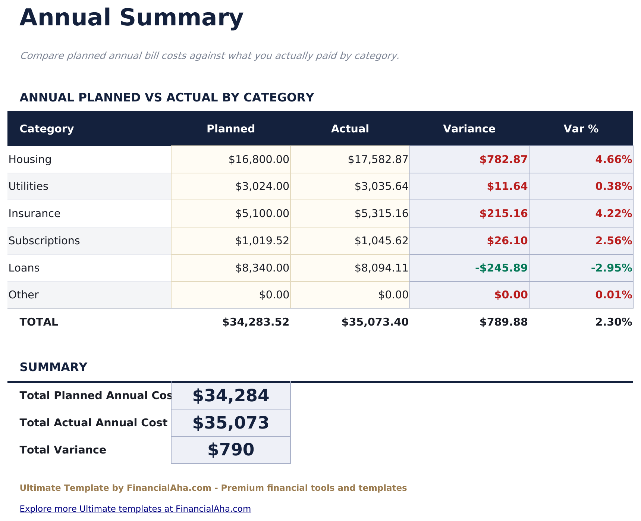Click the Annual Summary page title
point(131,18)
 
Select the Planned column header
point(230,129)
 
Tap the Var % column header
point(581,129)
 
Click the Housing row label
point(30,160)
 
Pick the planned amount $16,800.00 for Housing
point(259,160)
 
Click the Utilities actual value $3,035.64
point(381,186)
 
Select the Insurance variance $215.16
point(503,214)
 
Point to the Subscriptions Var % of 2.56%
point(613,241)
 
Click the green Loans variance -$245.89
point(501,268)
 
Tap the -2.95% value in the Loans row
point(611,268)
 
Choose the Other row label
point(23,295)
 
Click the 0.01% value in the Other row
point(613,295)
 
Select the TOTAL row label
point(39,322)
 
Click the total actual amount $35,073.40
point(375,322)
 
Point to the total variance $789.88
point(503,322)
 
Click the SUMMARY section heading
point(53,367)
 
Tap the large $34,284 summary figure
point(230,396)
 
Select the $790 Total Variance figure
point(230,450)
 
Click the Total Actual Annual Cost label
point(93,423)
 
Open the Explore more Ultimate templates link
point(135,509)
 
